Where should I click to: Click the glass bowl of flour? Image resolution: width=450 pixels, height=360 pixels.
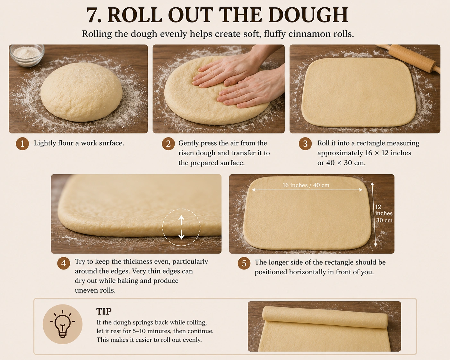27,55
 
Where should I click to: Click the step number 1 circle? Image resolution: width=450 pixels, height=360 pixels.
22,144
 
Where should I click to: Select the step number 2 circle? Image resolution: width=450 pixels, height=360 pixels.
168,144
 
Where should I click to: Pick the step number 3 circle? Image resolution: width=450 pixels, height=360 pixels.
305,144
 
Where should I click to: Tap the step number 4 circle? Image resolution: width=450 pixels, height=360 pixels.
64,263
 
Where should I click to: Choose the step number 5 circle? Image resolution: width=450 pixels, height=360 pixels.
244,263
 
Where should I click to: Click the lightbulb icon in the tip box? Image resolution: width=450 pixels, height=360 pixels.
63,324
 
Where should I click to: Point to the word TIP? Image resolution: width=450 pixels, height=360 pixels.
104,311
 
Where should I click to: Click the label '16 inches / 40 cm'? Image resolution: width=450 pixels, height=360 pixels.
306,185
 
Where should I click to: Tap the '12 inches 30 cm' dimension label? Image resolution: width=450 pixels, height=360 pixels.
384,213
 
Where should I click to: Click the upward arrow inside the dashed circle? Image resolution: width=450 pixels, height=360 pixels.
181,220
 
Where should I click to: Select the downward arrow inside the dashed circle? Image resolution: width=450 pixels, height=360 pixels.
181,234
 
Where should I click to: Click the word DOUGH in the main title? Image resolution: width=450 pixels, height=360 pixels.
308,15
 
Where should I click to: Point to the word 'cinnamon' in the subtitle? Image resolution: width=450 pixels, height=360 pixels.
305,34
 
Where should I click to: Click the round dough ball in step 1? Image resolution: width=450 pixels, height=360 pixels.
81,92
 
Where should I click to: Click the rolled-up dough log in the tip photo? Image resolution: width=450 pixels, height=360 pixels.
325,317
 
